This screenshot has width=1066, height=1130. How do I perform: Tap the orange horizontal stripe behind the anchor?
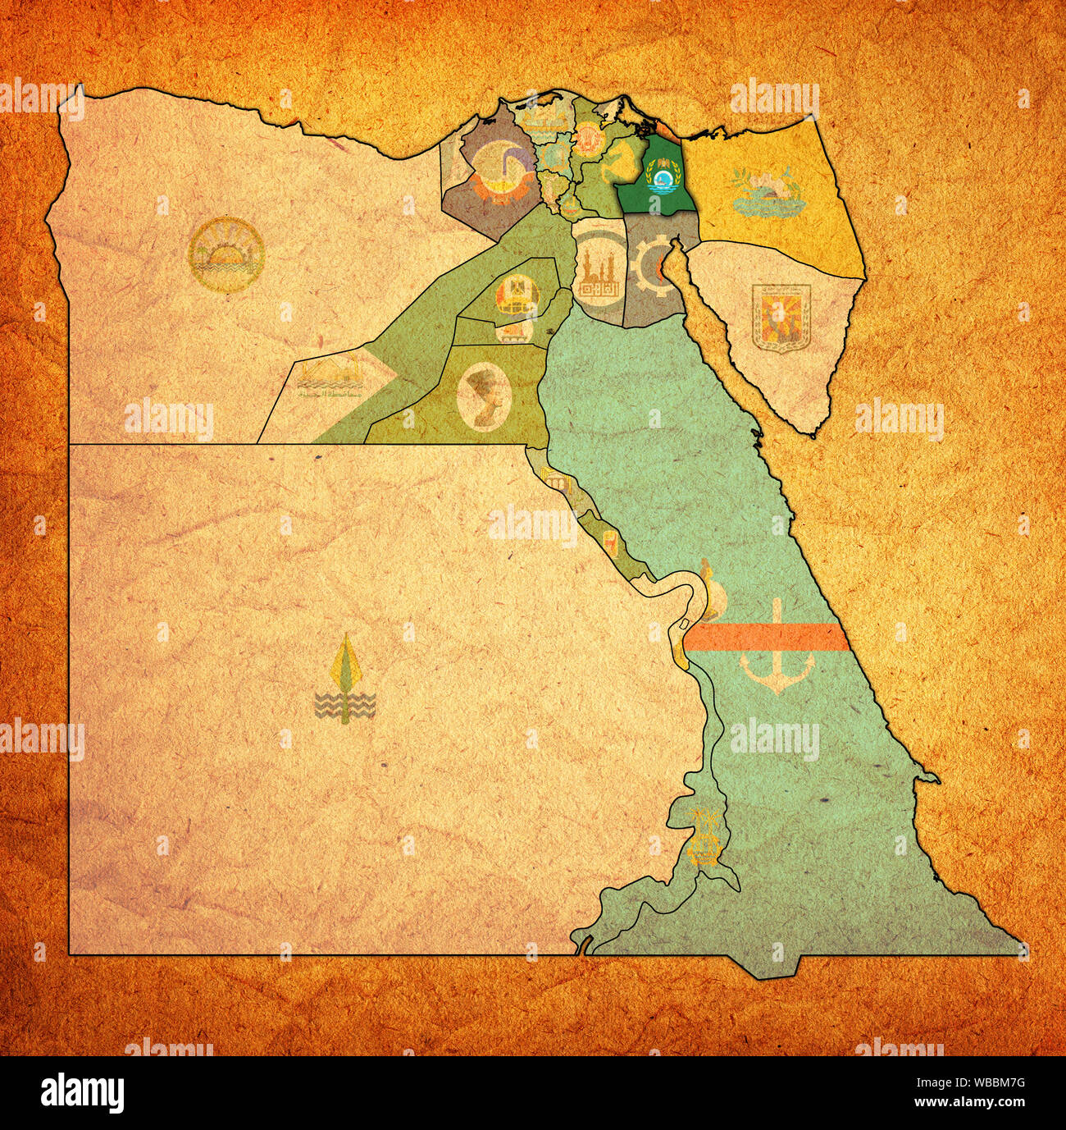point(763,637)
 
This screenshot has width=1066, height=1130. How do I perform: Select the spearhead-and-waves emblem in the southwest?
point(345,680)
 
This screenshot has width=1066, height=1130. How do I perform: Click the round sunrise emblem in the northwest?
point(225,255)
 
